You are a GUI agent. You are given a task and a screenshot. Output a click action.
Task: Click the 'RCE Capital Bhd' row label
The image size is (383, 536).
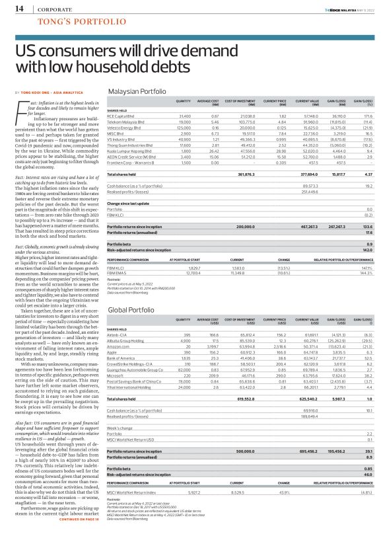[122, 116]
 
